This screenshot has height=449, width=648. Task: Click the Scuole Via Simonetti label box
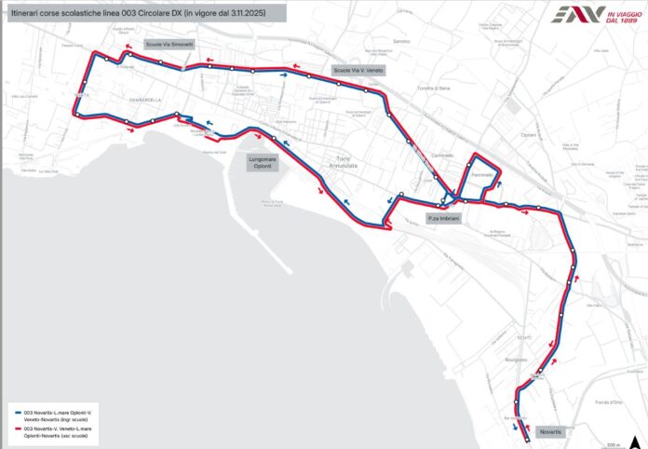[x=169, y=45]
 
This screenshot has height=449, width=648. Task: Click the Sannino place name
[x=401, y=42]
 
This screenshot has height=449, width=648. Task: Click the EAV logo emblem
[x=570, y=14]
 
